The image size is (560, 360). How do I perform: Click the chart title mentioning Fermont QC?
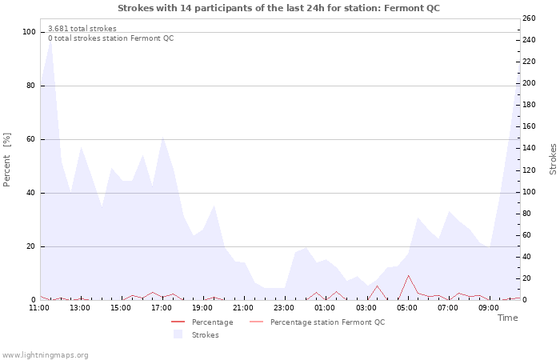pos(278,8)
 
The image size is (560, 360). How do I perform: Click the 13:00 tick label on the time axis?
pos(80,307)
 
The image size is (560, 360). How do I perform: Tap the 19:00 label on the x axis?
pos(203,307)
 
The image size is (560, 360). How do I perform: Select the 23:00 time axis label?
pos(285,307)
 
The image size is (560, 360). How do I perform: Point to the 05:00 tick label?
pos(407,307)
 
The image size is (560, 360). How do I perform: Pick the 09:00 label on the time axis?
pos(489,307)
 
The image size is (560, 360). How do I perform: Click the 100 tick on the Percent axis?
pos(30,32)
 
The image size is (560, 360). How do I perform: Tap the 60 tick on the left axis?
pos(31,139)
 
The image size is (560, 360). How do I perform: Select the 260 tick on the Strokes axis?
pos(530,18)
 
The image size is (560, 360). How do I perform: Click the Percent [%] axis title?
pos(7,160)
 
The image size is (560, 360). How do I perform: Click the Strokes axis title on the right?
pos(553,159)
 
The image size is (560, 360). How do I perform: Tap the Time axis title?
pos(507,318)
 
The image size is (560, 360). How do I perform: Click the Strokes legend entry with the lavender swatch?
pos(205,334)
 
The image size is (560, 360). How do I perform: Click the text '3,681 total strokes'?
pos(82,29)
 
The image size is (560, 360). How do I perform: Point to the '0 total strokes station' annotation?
pos(110,38)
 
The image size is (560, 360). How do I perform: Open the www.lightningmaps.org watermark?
pos(45,354)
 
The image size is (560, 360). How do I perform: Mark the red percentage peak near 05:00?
pos(408,276)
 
